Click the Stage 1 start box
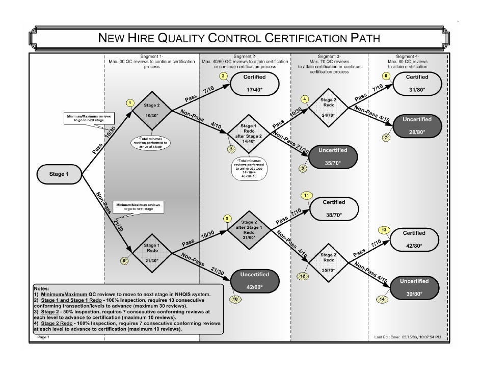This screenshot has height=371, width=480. (57, 174)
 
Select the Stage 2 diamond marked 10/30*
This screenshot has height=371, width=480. (150, 111)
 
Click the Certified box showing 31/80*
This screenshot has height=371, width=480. (417, 83)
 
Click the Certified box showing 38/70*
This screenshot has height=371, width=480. (334, 208)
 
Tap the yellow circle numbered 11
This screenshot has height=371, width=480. (306, 196)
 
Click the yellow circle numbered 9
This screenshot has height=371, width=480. (227, 219)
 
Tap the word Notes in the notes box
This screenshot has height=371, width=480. (42, 288)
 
